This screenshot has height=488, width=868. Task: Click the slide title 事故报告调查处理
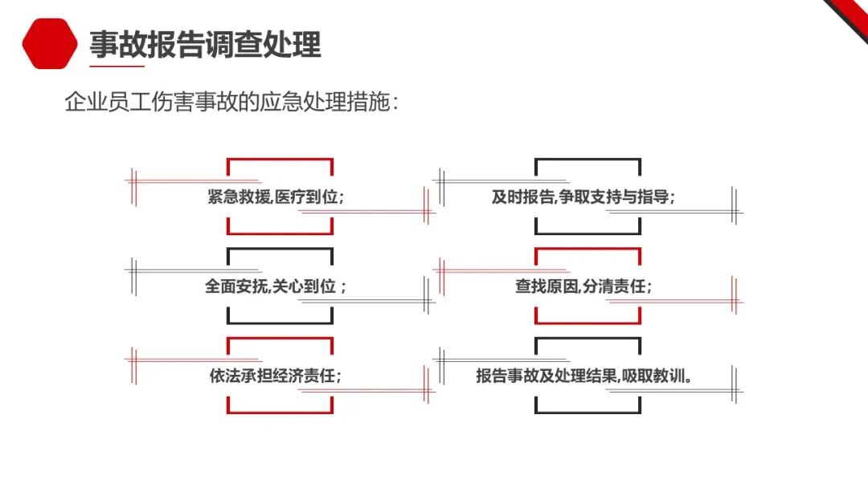tap(205, 45)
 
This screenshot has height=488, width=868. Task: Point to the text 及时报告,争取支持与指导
tap(583, 197)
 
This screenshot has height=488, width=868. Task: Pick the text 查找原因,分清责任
tap(583, 287)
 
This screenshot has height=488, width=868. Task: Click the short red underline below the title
tap(117, 67)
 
